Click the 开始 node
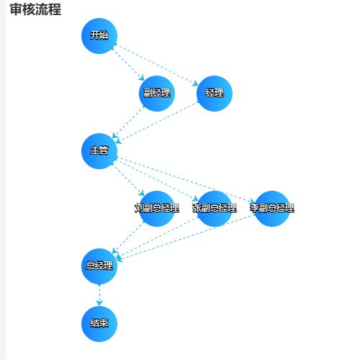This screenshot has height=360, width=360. click(x=99, y=36)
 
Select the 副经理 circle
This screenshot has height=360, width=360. click(x=157, y=94)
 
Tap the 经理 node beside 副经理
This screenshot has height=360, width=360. click(x=215, y=94)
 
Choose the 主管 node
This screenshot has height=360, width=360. click(x=99, y=151)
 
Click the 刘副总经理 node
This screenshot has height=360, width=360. click(x=157, y=209)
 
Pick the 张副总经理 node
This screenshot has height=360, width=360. click(x=215, y=209)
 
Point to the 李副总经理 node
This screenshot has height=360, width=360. click(x=272, y=209)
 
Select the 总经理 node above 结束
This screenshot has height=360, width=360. click(x=99, y=266)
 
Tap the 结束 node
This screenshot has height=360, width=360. click(x=99, y=324)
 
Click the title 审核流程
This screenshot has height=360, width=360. click(x=35, y=9)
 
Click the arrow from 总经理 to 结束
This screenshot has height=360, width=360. click(x=99, y=295)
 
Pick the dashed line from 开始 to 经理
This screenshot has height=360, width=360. click(x=157, y=65)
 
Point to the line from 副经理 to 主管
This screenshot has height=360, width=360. click(x=128, y=122)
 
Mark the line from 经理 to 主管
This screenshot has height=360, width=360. click(x=157, y=122)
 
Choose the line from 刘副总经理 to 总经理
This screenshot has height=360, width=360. click(x=128, y=238)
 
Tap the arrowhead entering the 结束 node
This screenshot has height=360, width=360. click(x=99, y=303)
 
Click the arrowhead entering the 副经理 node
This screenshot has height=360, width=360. click(x=141, y=78)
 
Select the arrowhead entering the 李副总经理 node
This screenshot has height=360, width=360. click(x=252, y=201)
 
